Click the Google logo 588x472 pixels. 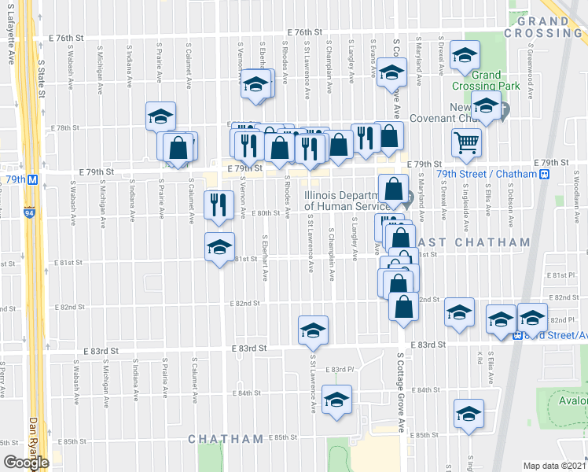click(25, 463)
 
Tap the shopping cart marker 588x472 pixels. click(466, 143)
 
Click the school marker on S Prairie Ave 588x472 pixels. click(160, 117)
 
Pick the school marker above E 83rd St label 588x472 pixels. click(313, 330)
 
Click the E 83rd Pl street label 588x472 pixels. click(343, 369)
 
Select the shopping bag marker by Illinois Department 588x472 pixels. click(393, 189)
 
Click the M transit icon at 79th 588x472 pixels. click(33, 179)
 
